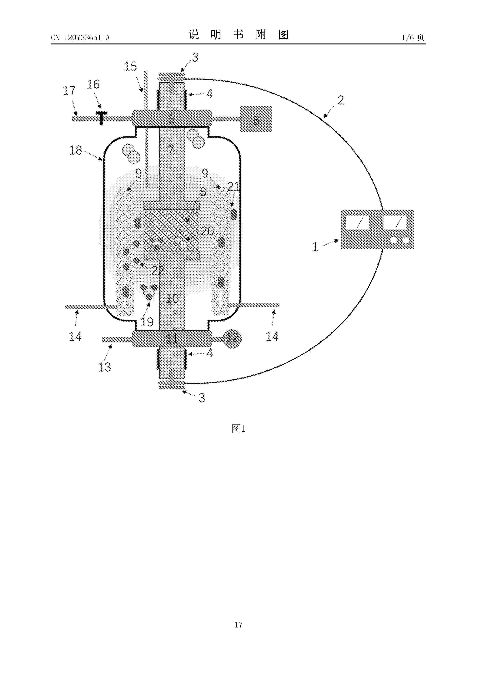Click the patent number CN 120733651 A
(80, 37)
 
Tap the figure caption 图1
(238, 429)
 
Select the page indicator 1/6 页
(413, 37)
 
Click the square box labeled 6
(256, 119)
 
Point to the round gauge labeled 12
(233, 338)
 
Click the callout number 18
(76, 150)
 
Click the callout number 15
(130, 66)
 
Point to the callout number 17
(69, 91)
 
